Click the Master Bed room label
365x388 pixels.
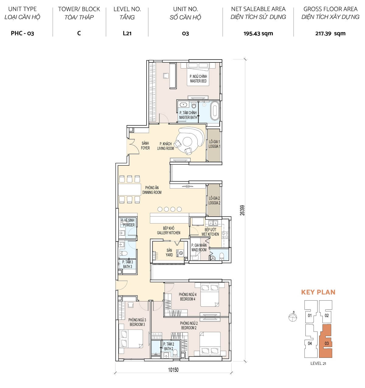pos(198,79)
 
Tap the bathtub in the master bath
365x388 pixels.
pos(215,111)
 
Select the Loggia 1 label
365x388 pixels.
pos(214,144)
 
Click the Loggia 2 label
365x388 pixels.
pos(214,200)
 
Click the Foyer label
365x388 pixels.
pos(145,146)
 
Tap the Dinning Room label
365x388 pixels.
pos(152,190)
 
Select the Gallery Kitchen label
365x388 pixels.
pos(169,230)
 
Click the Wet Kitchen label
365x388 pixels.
pos(210,232)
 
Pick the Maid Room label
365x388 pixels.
pos(199,247)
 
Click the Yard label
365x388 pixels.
pos(169,252)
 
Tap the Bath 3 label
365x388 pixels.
pos(127,264)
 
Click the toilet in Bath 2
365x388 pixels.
pos(175,353)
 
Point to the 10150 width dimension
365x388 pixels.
pos(173,370)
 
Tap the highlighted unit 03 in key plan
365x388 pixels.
pos(326,341)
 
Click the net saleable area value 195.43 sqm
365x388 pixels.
pos(258,34)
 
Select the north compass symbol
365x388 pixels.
pos(293,317)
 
